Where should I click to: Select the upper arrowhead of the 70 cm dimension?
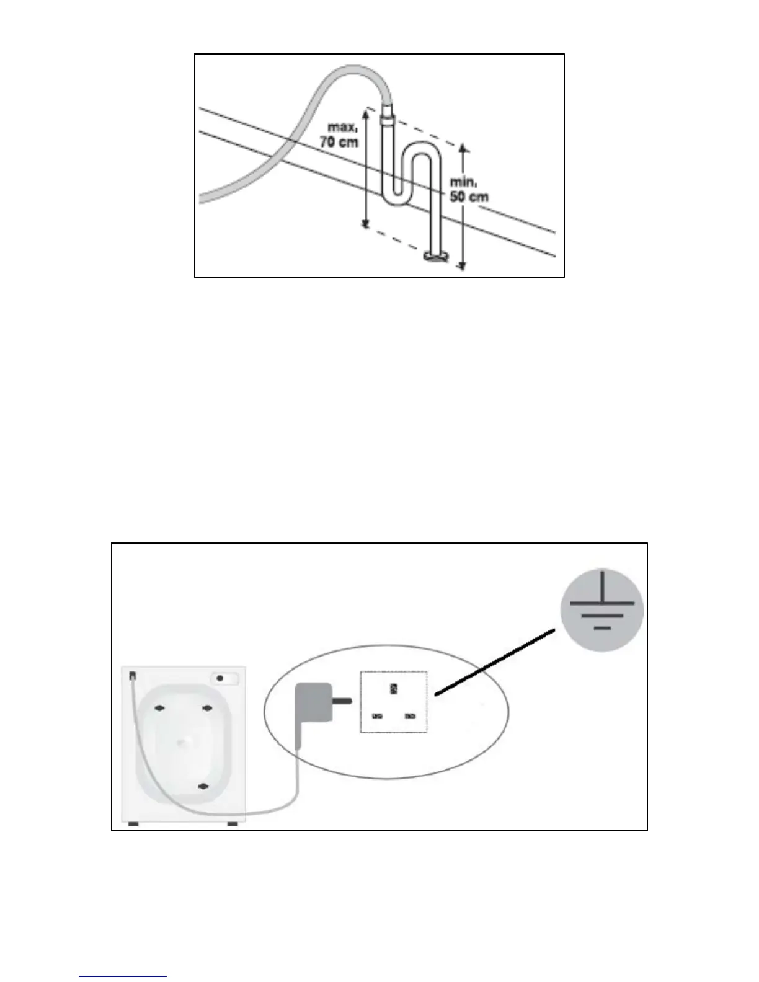[366, 112]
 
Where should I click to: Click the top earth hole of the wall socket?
[393, 689]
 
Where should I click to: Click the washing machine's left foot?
[131, 824]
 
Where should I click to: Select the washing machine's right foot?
[233, 824]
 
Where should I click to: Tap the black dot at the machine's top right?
[220, 679]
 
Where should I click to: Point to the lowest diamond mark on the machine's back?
[202, 786]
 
